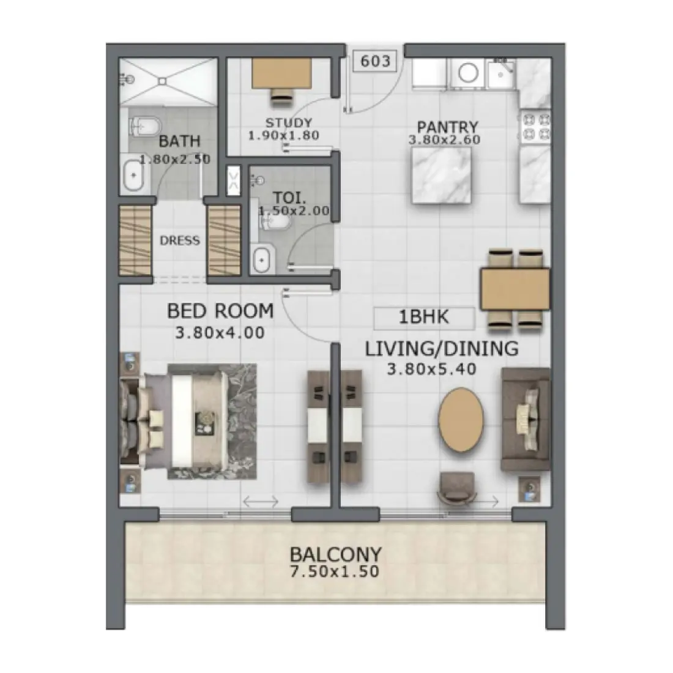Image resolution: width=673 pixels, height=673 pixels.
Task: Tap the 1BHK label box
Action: tap(424, 318)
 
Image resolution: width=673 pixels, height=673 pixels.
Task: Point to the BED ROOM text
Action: tap(220, 311)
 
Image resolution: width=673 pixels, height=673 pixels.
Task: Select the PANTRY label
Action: tap(447, 127)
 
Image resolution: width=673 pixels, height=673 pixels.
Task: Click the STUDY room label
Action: tap(289, 123)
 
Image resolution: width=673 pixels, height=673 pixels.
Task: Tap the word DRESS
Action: tap(180, 240)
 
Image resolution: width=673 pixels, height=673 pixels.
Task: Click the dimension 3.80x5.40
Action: tap(431, 369)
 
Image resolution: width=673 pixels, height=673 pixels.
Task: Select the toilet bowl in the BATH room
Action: tap(144, 126)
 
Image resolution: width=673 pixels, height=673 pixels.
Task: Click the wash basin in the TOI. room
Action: tap(262, 260)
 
